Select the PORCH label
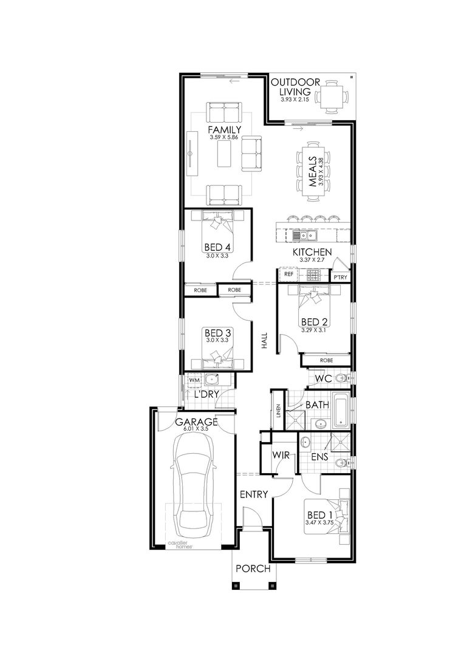[x=253, y=569]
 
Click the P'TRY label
[x=339, y=278]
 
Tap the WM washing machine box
[x=194, y=381]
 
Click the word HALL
[x=264, y=341]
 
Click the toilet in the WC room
[x=341, y=379]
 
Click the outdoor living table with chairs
[x=332, y=97]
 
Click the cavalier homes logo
[x=180, y=545]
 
